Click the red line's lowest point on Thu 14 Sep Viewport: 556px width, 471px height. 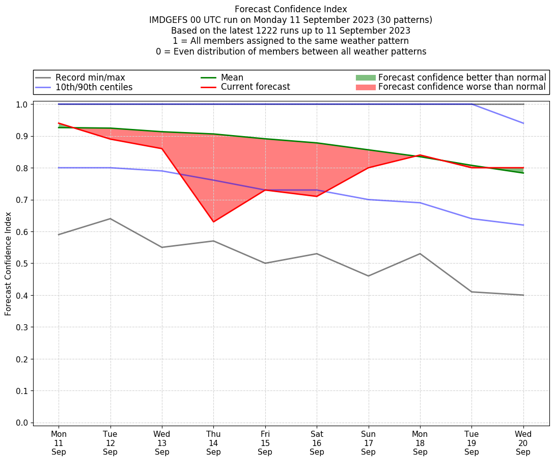click(x=213, y=222)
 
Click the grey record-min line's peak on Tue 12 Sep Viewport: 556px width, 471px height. click(x=110, y=219)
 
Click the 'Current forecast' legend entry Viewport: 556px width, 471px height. click(x=255, y=87)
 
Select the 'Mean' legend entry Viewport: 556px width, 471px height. click(x=232, y=77)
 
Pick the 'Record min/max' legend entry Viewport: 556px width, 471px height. click(x=90, y=77)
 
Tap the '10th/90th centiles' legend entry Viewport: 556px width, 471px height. click(x=94, y=87)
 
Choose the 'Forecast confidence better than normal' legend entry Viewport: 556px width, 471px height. click(x=462, y=77)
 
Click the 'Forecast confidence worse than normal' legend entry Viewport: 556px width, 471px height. click(x=462, y=87)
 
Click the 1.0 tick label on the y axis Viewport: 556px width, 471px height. click(x=22, y=104)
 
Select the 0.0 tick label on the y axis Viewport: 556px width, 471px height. click(x=22, y=423)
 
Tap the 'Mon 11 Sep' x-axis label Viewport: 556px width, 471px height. click(x=59, y=443)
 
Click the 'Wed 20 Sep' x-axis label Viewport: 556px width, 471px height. click(x=523, y=443)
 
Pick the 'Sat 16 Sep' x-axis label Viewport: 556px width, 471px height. click(x=317, y=443)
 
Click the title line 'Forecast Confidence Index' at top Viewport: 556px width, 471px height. click(x=291, y=9)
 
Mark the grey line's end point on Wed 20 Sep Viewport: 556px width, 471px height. click(x=523, y=295)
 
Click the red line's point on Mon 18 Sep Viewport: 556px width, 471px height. click(x=420, y=155)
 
